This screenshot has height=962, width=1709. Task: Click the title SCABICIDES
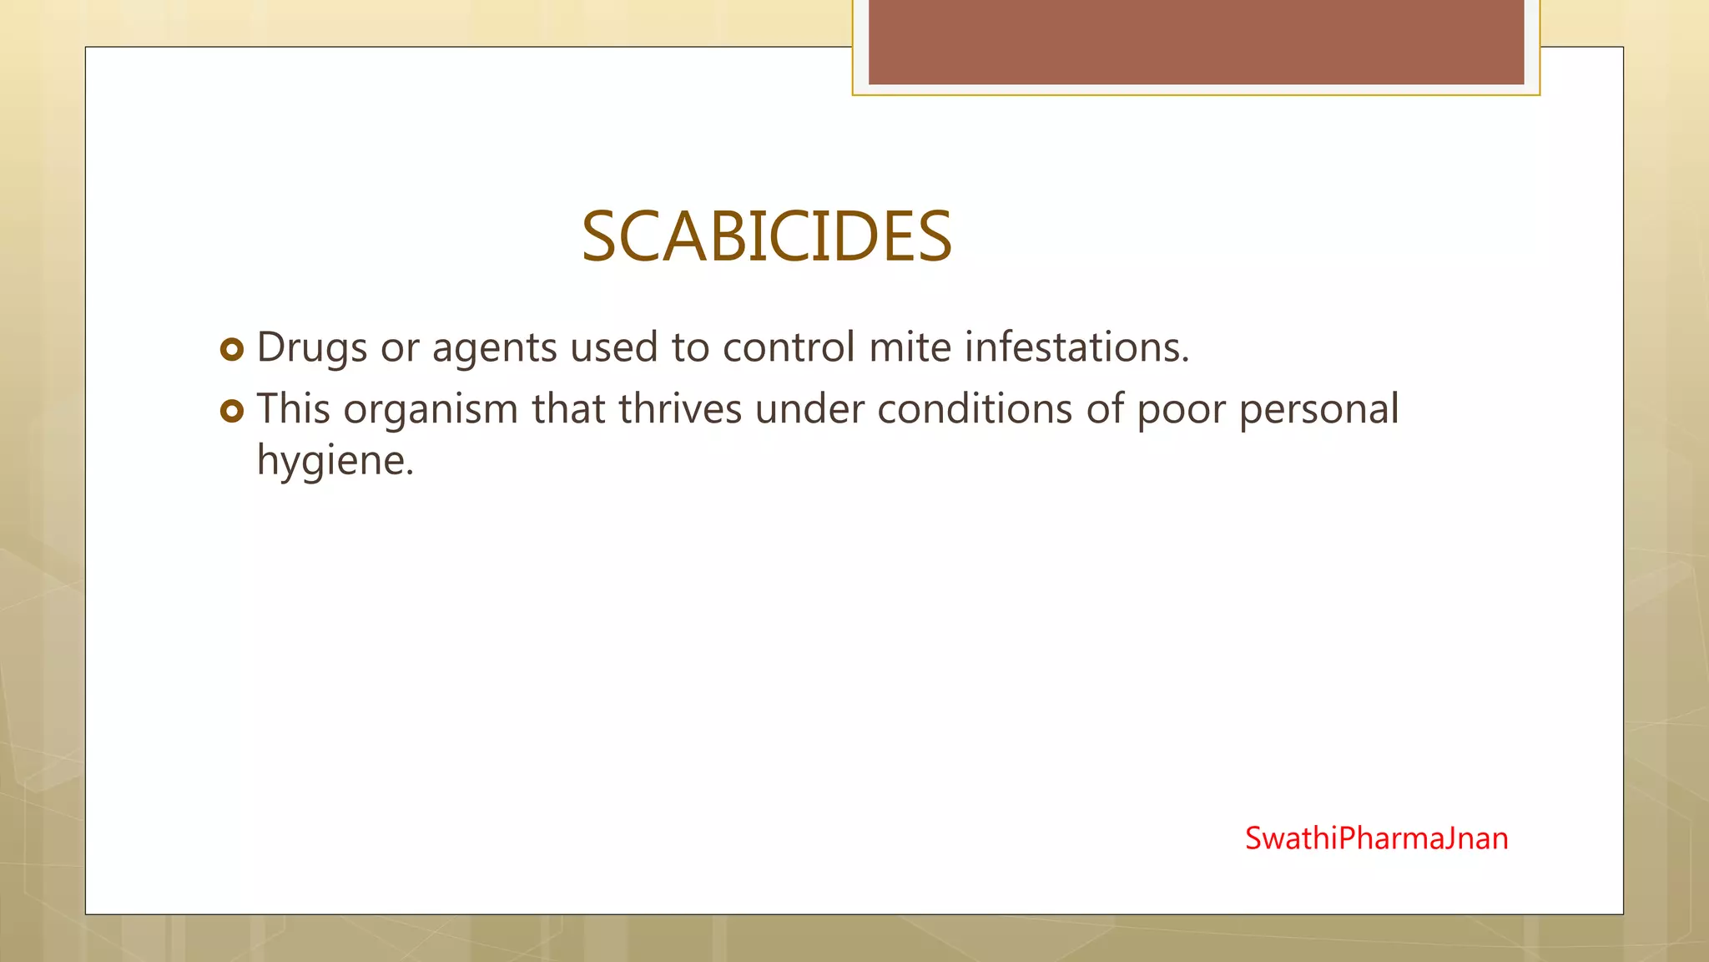coord(766,237)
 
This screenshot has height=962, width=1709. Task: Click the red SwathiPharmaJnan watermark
coord(1376,838)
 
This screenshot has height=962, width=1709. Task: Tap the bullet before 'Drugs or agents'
coord(232,349)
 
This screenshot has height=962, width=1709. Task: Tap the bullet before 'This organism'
coord(232,411)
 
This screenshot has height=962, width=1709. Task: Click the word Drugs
coord(311,347)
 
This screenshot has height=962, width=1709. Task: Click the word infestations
coord(1076,347)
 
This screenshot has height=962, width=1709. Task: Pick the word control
coord(789,347)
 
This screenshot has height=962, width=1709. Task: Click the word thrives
coord(680,409)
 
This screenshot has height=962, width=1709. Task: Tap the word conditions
coord(974,409)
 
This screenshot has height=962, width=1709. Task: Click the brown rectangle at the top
coord(1196,42)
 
